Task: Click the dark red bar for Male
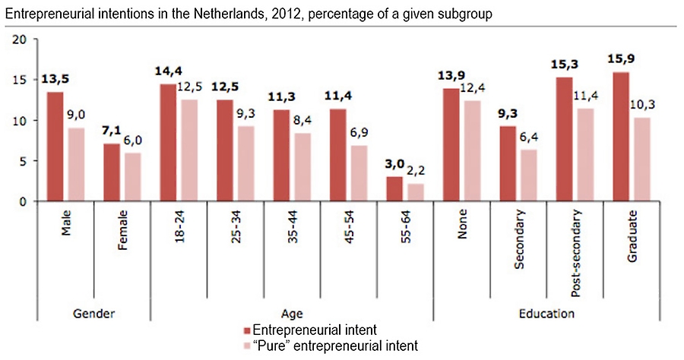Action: click(55, 147)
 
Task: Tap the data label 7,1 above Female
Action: click(112, 132)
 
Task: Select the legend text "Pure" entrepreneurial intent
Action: click(335, 346)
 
